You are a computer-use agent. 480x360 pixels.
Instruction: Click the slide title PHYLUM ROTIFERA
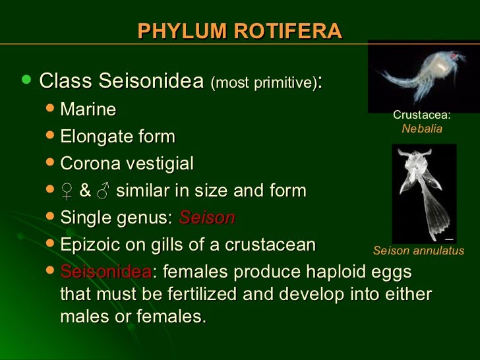(240, 31)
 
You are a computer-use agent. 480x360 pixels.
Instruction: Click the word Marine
(88, 109)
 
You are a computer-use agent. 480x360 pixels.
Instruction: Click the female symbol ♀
(67, 192)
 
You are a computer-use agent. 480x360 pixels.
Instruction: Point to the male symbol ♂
(104, 192)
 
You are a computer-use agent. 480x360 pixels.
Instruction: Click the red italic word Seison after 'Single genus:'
(206, 218)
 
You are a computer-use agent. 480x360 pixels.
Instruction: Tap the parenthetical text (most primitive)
(263, 84)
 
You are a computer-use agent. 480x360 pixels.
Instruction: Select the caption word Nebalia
(422, 129)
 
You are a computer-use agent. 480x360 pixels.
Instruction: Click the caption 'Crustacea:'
(422, 115)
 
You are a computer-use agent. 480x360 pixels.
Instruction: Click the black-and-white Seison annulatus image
(424, 193)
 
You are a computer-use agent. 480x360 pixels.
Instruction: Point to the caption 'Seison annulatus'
(418, 251)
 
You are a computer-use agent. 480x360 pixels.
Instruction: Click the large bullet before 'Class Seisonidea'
(26, 80)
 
